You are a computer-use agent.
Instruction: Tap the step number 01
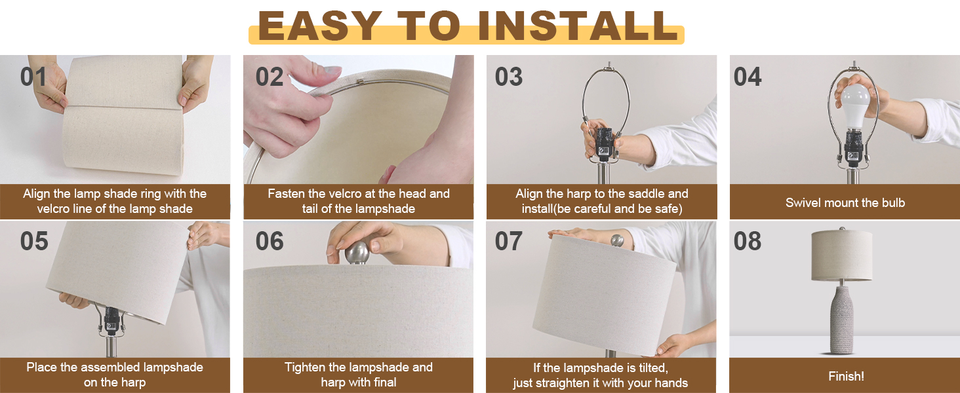(x=33, y=77)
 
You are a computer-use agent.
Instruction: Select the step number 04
(x=748, y=77)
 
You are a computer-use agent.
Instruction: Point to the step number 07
(x=509, y=241)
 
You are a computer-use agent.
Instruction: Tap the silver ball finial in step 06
(x=357, y=253)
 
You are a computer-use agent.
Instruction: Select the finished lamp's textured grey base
(x=842, y=320)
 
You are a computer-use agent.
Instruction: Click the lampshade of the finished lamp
(x=842, y=255)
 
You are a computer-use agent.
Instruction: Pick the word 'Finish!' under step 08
(x=846, y=377)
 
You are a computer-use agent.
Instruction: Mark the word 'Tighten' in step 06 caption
(x=304, y=367)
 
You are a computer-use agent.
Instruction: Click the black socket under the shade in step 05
(x=111, y=321)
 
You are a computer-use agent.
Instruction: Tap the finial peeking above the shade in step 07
(x=617, y=240)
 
